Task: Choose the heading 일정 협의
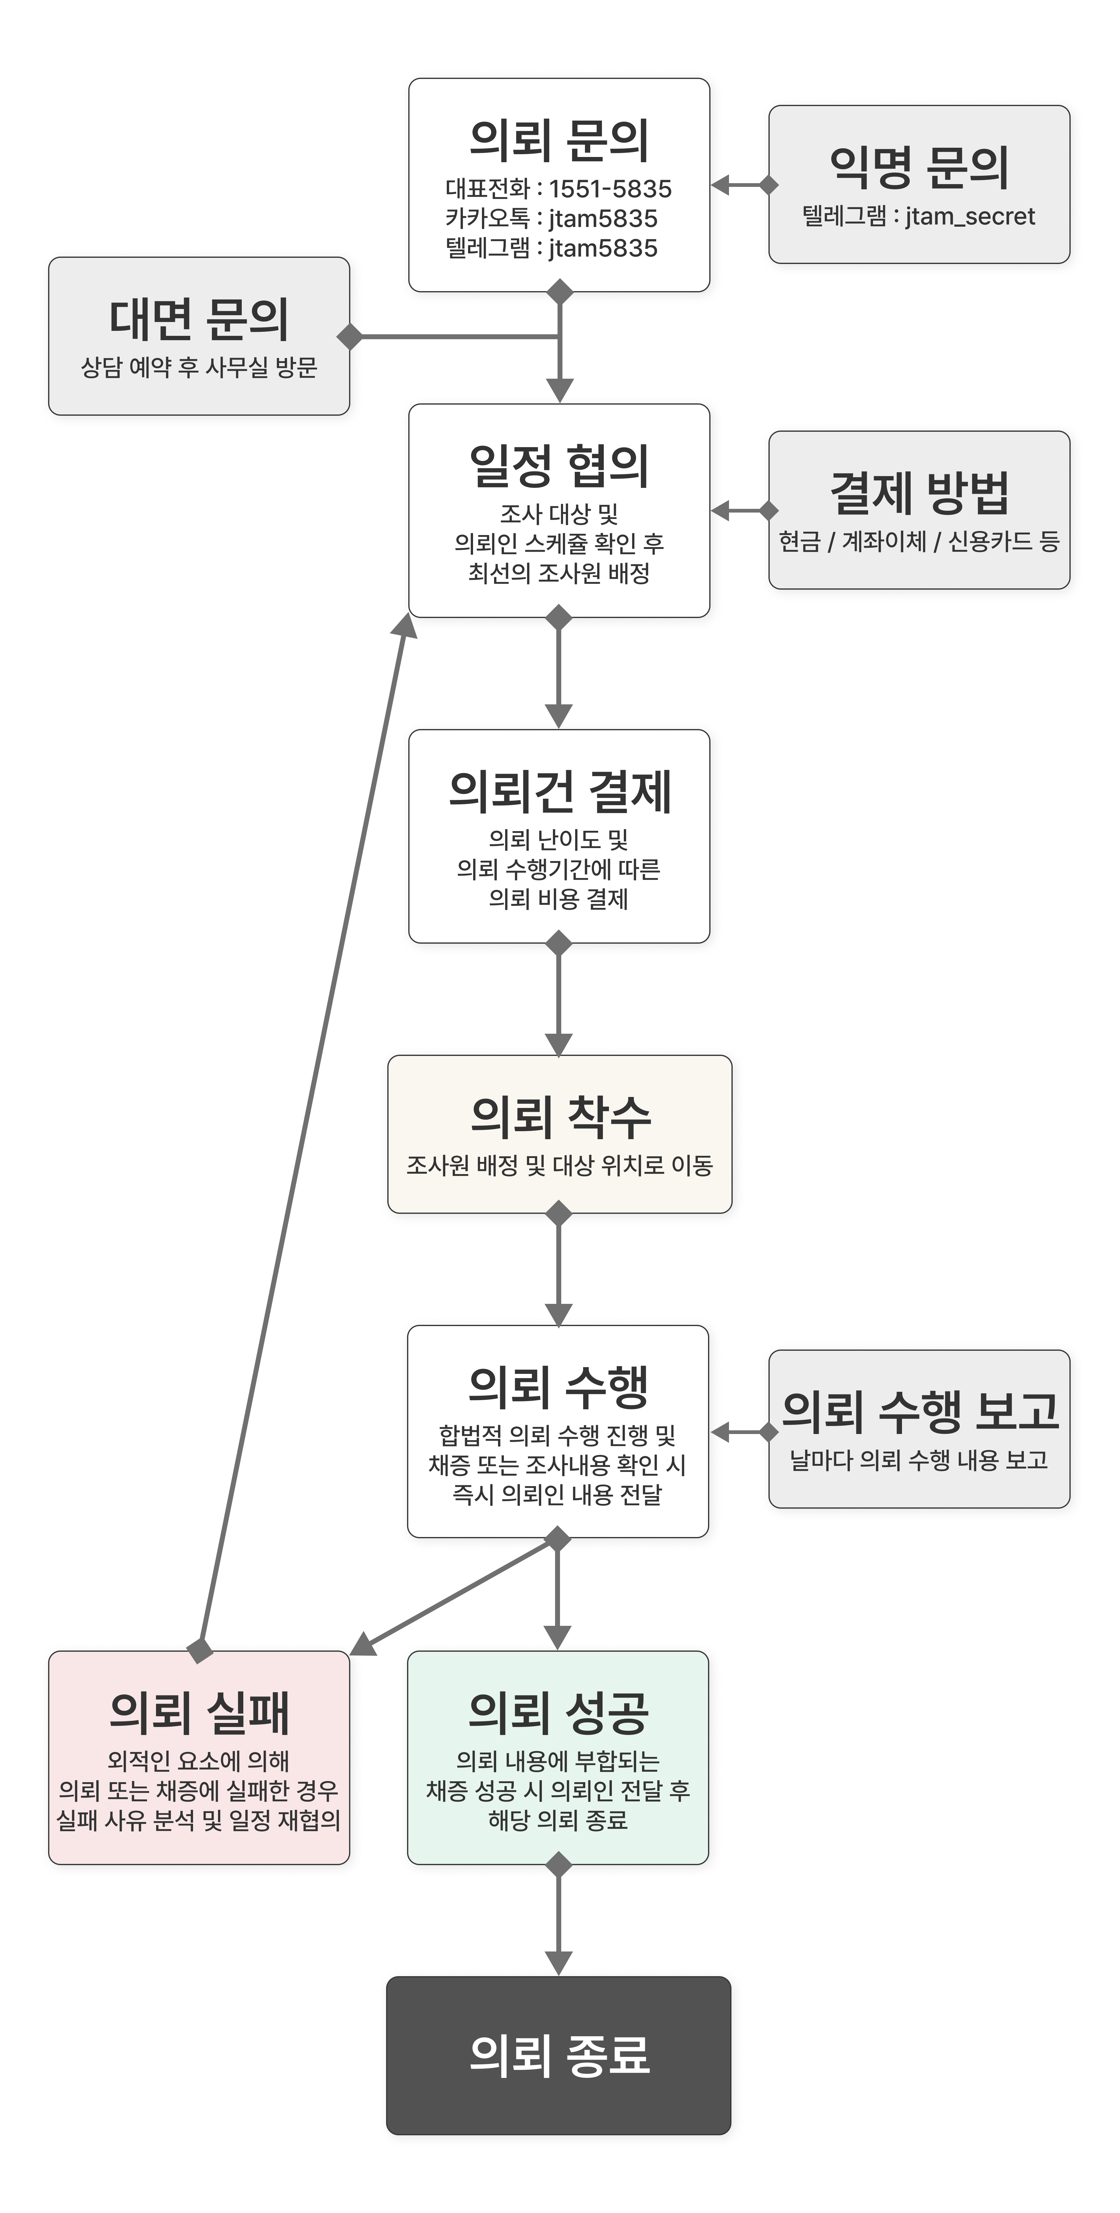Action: pos(559,466)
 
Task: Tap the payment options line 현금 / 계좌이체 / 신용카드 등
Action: pos(919,541)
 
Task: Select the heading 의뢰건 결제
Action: pos(559,791)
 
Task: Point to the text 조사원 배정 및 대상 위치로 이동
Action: pos(559,1166)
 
